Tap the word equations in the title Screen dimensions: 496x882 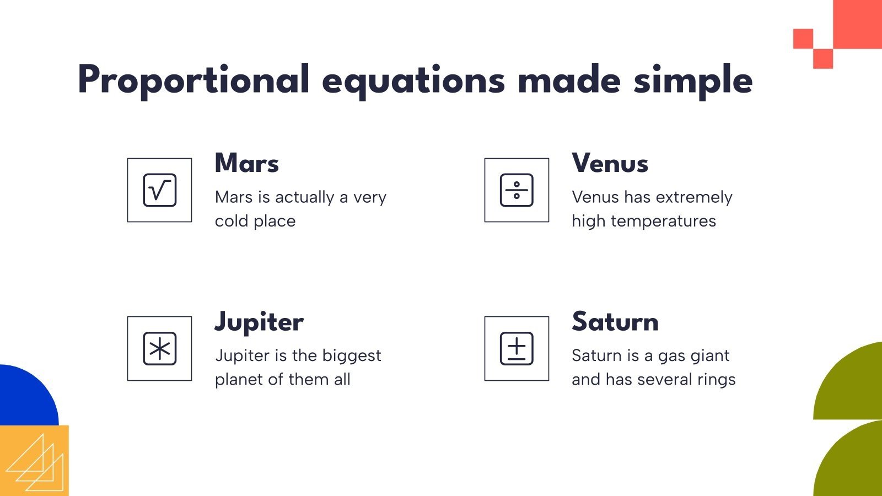pos(413,80)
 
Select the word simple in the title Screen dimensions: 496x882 pos(693,80)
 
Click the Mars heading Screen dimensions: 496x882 pos(247,163)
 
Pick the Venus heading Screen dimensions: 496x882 pos(610,163)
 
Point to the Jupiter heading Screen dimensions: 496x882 pos(259,322)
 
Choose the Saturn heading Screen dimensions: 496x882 pos(615,322)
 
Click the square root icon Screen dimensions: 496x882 pos(159,190)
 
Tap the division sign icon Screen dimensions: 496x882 pos(517,190)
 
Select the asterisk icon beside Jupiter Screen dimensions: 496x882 pos(159,348)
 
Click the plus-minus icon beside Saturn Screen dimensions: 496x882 pos(517,348)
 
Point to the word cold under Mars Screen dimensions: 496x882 pos(232,221)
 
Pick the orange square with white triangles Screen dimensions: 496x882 pos(34,461)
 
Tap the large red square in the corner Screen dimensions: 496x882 pos(857,23)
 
